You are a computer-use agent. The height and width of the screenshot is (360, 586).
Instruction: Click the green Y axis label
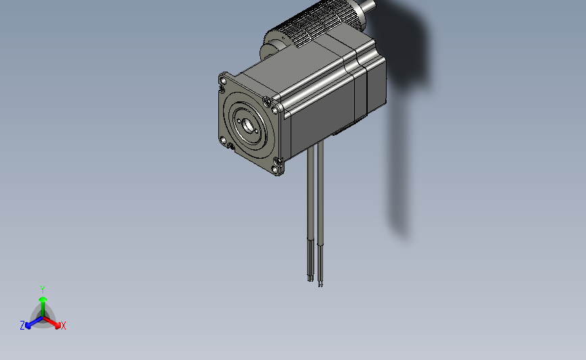click(42, 288)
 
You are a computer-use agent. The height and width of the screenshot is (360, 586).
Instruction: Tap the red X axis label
click(64, 326)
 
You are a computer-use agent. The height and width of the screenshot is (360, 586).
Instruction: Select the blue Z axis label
click(22, 326)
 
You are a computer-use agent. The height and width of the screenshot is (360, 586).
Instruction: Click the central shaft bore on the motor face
click(247, 124)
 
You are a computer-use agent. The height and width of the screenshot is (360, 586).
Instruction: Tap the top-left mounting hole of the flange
click(222, 80)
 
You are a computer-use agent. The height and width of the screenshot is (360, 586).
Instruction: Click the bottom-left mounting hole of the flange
click(223, 140)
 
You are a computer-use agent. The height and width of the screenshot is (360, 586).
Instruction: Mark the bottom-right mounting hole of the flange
click(276, 162)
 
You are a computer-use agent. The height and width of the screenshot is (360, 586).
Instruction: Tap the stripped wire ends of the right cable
click(320, 280)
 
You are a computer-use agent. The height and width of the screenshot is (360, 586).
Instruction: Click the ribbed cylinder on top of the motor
click(318, 27)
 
